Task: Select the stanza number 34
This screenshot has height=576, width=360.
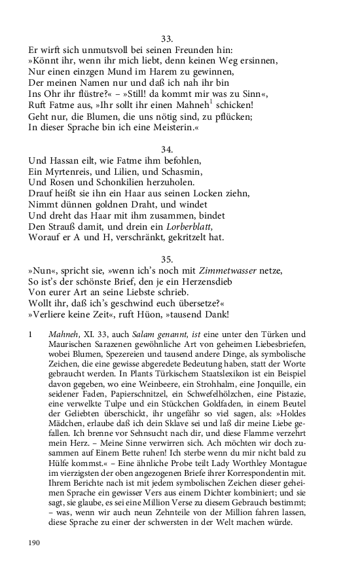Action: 166,149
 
